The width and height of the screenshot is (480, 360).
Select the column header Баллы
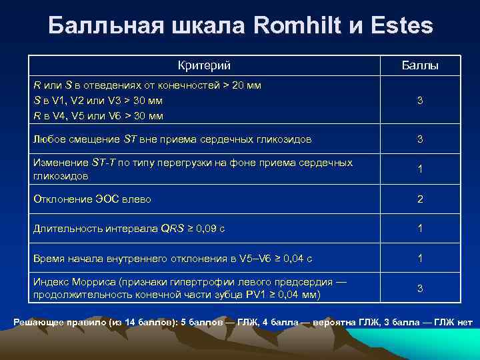(x=420, y=65)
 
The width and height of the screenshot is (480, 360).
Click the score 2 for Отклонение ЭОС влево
(x=420, y=199)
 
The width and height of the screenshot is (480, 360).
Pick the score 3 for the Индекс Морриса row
(x=420, y=288)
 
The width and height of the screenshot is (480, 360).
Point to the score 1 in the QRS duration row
(x=420, y=228)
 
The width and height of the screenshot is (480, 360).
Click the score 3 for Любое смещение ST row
(x=420, y=139)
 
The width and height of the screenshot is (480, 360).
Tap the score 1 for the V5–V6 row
(x=420, y=258)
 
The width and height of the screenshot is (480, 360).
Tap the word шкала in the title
(x=203, y=26)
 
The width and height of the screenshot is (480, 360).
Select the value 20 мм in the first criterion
(x=247, y=86)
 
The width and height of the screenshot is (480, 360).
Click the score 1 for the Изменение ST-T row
(x=420, y=169)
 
